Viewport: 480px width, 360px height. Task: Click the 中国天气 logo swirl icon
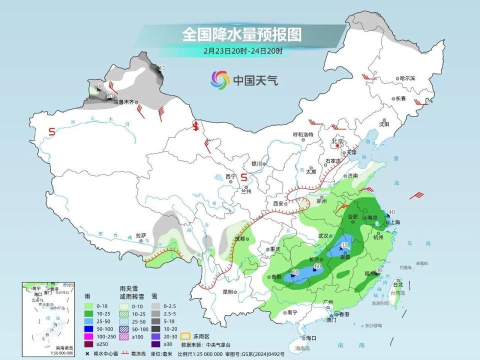click(220, 79)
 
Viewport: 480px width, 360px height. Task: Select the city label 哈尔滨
click(407, 78)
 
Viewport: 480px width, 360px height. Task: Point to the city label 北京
click(338, 141)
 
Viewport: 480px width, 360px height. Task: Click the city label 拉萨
click(141, 235)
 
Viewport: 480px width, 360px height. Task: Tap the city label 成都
click(240, 239)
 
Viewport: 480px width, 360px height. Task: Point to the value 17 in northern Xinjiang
click(162, 68)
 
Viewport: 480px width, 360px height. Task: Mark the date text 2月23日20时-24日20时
click(243, 50)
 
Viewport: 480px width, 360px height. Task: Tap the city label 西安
click(278, 203)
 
